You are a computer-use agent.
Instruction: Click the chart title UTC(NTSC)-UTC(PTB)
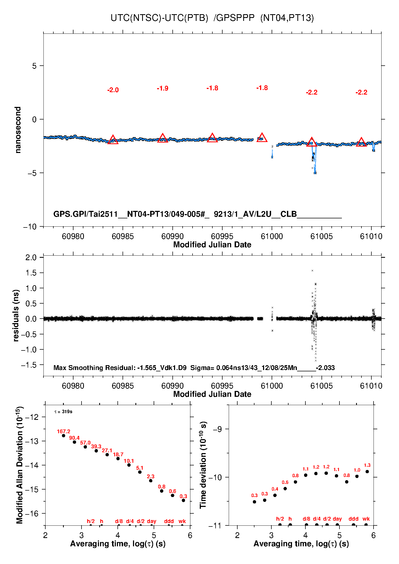pos(159,18)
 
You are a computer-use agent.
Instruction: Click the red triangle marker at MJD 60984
pos(113,140)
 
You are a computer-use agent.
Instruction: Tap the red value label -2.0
pos(113,90)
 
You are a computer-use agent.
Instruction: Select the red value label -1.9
pos(162,88)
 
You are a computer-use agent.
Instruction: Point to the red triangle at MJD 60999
pos(262,137)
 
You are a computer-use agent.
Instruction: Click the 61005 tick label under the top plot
pos(322,236)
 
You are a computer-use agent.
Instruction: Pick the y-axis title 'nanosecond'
pos(18,130)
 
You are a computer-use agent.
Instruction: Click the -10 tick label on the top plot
pos(30,227)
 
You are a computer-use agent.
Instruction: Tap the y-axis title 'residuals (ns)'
pos(16,315)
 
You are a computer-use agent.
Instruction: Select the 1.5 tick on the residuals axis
pos(31,273)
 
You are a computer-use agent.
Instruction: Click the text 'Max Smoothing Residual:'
pos(94,368)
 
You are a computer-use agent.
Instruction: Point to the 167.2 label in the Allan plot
pos(64,431)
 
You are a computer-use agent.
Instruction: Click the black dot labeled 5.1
pos(140,472)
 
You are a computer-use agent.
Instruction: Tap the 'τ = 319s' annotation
pos(63,412)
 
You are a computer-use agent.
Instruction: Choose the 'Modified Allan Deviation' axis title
pos(19,465)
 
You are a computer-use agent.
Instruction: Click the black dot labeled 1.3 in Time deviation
pos(367,472)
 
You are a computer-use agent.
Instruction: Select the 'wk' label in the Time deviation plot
pos(366,519)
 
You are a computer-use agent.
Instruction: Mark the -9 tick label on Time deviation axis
pos(217,429)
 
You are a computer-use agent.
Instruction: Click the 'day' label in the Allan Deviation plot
pos(152,521)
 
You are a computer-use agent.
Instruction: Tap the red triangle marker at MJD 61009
pos(361,142)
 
